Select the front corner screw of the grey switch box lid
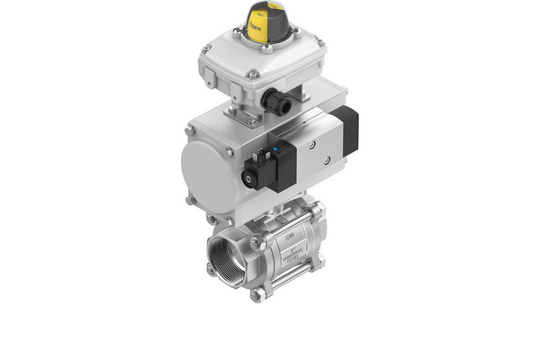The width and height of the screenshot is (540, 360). point(255,74)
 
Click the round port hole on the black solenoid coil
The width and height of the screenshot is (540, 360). point(249,179)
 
